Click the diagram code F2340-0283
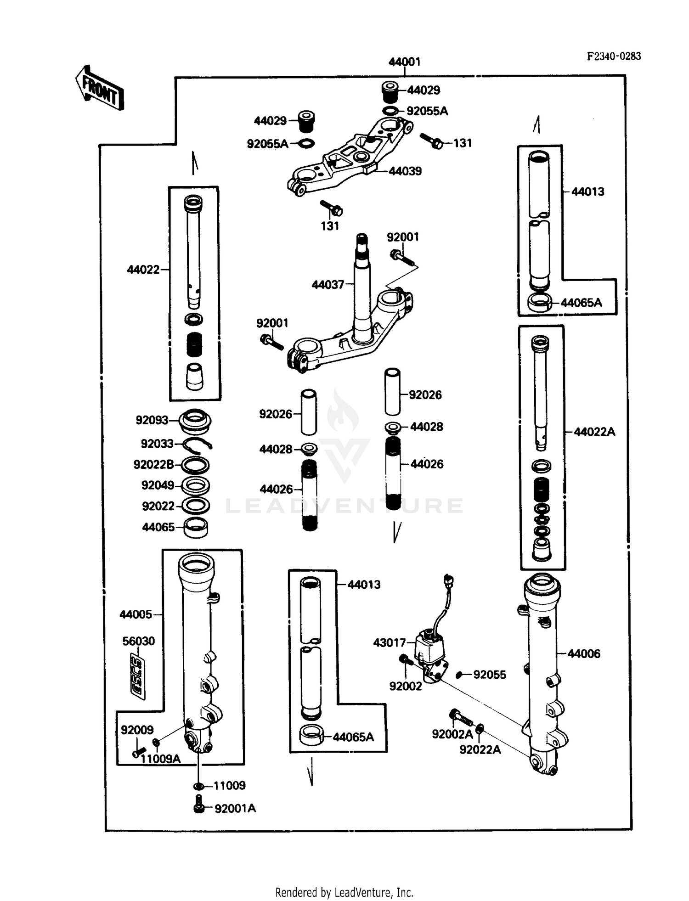point(614,56)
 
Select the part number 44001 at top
point(404,62)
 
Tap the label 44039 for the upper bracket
point(405,171)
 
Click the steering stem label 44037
point(328,285)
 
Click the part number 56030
point(138,641)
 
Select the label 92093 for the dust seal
point(152,420)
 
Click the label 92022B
point(153,465)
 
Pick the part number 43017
point(389,642)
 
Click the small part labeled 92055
point(459,675)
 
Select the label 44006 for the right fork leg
point(583,653)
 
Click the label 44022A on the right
point(594,432)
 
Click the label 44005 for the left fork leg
point(136,614)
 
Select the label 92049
point(158,485)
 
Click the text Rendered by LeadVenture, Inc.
point(344,892)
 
